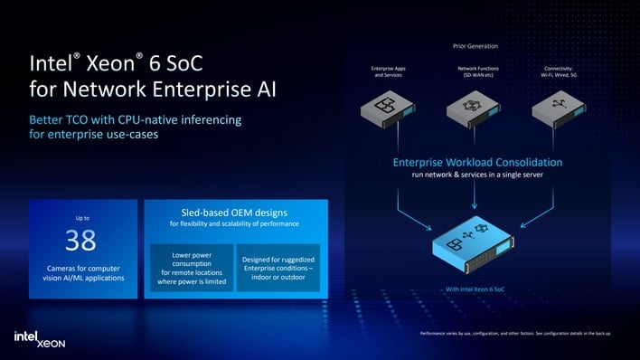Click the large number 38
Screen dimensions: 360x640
click(x=81, y=242)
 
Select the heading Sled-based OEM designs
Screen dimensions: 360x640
click(x=234, y=212)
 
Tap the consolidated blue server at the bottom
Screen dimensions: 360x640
click(x=478, y=246)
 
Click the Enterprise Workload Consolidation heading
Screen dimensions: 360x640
click(x=478, y=162)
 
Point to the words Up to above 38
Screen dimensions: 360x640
click(x=81, y=217)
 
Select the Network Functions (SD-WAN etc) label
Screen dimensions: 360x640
click(x=478, y=72)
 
